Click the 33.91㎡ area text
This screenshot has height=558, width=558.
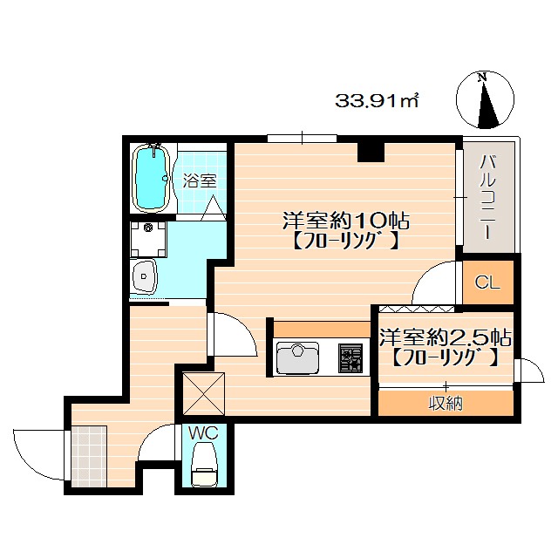tap(378, 101)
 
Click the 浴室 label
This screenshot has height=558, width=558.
tap(200, 181)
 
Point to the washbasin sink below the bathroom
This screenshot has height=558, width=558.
tap(143, 277)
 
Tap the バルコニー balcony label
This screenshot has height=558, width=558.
tap(490, 199)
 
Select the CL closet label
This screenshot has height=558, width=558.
tap(487, 282)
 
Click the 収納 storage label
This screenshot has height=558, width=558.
tap(445, 402)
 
